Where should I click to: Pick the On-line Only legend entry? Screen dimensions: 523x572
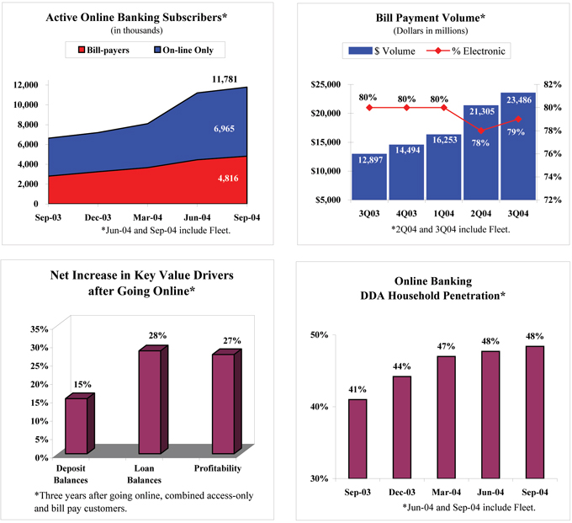183,50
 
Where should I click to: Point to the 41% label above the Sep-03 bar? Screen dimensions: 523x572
357,390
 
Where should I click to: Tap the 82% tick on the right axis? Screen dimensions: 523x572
552,84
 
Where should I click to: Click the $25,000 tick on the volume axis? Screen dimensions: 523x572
324,84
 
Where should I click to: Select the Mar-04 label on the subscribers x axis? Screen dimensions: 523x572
148,217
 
